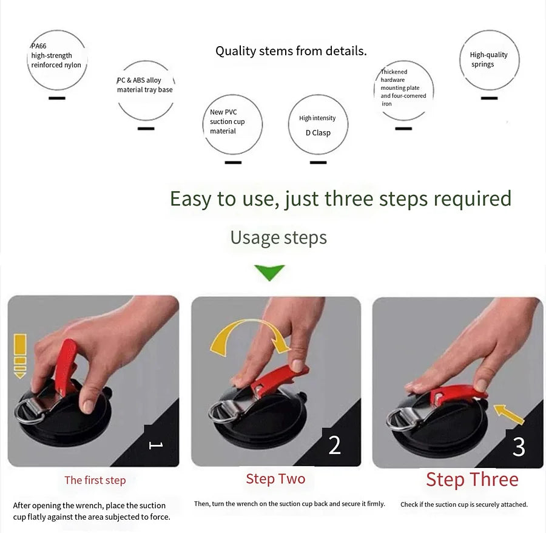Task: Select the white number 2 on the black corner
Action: pyautogui.click(x=334, y=445)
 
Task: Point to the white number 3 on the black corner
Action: pyautogui.click(x=519, y=447)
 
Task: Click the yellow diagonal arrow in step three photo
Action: pyautogui.click(x=509, y=414)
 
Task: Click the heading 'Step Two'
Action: pyautogui.click(x=275, y=478)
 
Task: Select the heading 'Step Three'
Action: pyautogui.click(x=472, y=480)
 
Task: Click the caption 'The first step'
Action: pyautogui.click(x=95, y=480)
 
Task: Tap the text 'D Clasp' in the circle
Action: pyautogui.click(x=318, y=133)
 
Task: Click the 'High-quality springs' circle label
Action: pyautogui.click(x=488, y=59)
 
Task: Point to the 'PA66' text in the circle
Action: pyautogui.click(x=39, y=46)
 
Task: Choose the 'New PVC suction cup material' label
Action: pyautogui.click(x=227, y=121)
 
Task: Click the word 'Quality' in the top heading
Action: pyautogui.click(x=236, y=51)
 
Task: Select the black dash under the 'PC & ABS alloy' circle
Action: pyautogui.click(x=146, y=129)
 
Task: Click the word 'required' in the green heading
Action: pyautogui.click(x=473, y=199)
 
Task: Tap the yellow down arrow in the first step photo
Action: pyautogui.click(x=20, y=356)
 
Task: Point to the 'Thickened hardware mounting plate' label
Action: pyautogui.click(x=403, y=88)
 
